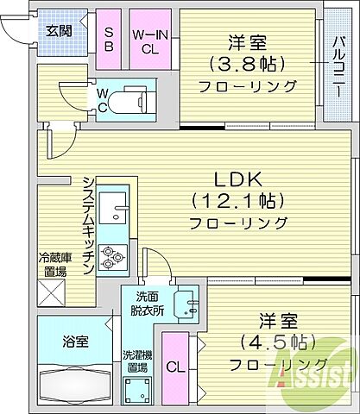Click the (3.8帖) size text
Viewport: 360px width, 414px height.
tap(245, 64)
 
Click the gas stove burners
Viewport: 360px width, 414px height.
tap(112, 254)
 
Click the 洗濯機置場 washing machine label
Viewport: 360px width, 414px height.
tap(137, 361)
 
